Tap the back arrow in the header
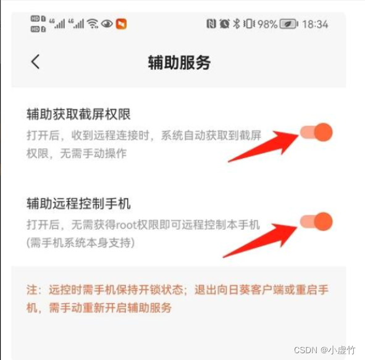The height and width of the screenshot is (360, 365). tap(35, 62)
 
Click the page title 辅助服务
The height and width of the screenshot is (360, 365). tap(179, 62)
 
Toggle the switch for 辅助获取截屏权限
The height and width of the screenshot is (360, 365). tap(316, 132)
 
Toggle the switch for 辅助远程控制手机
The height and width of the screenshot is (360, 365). tap(316, 221)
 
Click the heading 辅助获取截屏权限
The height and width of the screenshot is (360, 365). tap(78, 114)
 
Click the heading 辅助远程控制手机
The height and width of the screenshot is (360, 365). tap(78, 203)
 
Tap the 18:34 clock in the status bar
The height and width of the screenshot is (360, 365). tap(315, 24)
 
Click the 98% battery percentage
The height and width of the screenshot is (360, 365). tap(267, 24)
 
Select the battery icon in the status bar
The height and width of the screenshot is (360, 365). tap(288, 24)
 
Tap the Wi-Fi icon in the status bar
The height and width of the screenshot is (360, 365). tap(93, 23)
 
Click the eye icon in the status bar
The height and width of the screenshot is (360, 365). tap(107, 23)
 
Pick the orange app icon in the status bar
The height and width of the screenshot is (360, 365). tap(121, 24)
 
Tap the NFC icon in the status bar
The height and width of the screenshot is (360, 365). tap(211, 23)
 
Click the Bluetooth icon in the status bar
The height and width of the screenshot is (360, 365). tap(237, 23)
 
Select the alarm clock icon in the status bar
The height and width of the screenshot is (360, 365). tap(224, 23)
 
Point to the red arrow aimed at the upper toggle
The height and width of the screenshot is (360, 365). tap(263, 146)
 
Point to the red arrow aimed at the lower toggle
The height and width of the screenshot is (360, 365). tap(260, 241)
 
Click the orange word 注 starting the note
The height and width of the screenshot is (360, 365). tap(32, 290)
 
